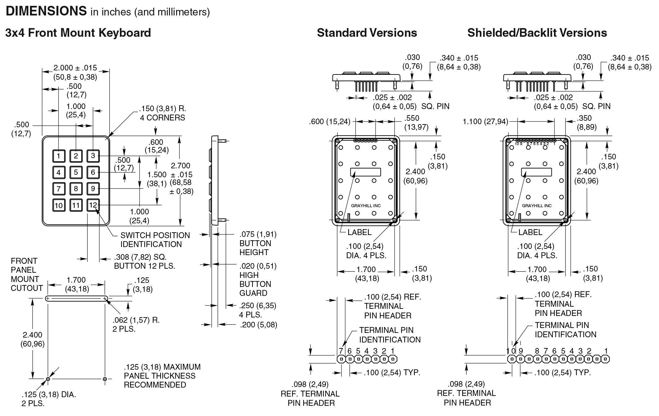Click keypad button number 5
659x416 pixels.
76,172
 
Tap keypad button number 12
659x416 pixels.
93,205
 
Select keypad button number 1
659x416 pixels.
59,156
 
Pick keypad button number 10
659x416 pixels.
59,205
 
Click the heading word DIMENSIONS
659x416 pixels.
46,11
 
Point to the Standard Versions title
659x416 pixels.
367,33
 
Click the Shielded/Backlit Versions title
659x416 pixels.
537,33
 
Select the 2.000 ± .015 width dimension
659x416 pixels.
75,68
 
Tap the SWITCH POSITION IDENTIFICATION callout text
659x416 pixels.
155,240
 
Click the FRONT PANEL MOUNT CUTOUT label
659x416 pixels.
27,275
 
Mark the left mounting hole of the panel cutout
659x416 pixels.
48,379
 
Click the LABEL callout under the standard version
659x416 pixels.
359,232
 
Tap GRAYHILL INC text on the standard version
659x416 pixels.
366,206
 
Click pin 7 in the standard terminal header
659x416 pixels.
341,359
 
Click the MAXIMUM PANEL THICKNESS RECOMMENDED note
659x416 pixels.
162,376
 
